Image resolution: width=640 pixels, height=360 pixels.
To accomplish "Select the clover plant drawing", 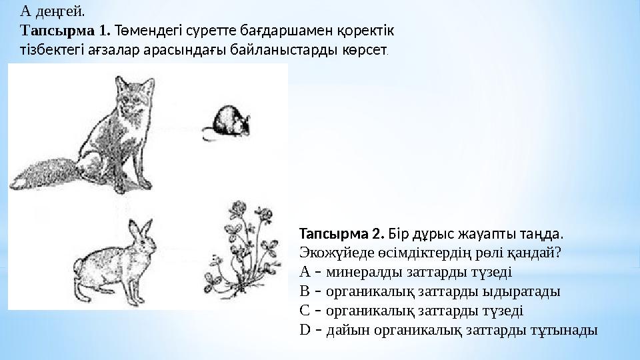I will click(247, 247).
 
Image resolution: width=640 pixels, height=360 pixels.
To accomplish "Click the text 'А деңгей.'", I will click(53, 11).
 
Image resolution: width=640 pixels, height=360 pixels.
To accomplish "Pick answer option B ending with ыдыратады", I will click(430, 291).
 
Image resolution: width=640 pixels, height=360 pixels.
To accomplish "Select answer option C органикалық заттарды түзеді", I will click(411, 311).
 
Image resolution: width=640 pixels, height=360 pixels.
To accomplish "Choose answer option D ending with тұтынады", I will click(449, 330).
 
